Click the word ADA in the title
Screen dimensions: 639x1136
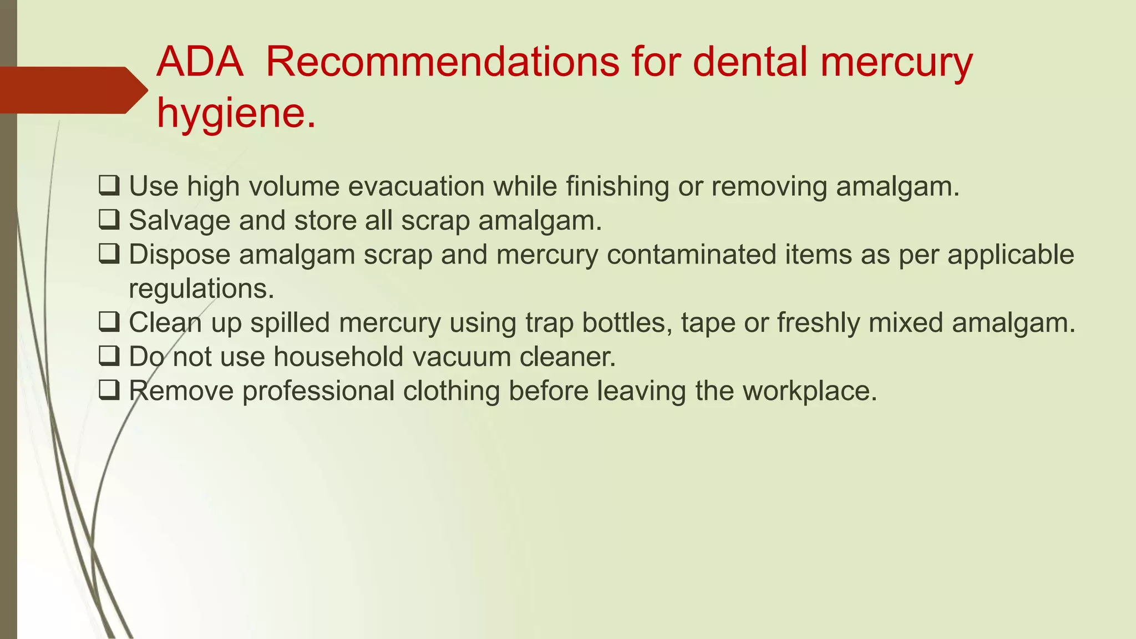click(200, 62)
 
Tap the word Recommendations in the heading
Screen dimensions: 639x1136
click(442, 62)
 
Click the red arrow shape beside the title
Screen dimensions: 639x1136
click(72, 90)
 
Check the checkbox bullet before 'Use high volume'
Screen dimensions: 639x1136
click(109, 186)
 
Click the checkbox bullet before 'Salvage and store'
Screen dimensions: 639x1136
click(109, 220)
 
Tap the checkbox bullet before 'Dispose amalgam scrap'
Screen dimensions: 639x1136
click(109, 255)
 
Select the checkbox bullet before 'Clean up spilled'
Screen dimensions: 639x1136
click(109, 322)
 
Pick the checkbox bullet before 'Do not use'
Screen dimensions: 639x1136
click(109, 357)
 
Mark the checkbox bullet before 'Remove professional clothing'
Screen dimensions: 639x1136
click(109, 391)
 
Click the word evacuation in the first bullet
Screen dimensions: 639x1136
click(416, 186)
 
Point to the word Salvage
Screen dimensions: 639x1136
click(180, 221)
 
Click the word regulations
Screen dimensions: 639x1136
click(201, 289)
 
